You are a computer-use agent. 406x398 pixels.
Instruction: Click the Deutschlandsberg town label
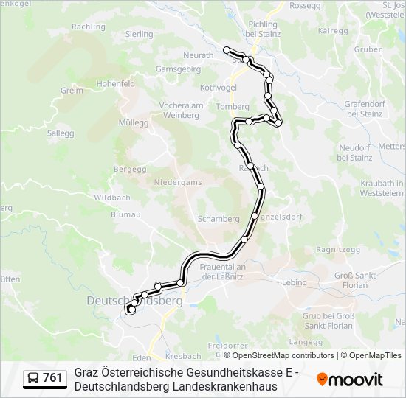[134, 301]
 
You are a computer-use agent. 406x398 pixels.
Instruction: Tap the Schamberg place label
[219, 219]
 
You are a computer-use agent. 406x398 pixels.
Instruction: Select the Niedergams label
[177, 181]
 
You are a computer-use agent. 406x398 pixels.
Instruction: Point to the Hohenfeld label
[115, 84]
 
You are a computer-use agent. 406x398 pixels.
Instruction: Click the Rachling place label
[88, 27]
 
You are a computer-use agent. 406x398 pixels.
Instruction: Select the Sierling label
[139, 34]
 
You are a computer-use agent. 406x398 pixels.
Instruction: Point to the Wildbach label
[112, 198]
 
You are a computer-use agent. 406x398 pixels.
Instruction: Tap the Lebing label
[294, 282]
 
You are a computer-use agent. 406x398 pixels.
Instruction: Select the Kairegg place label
[333, 31]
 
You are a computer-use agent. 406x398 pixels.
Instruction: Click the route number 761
[53, 378]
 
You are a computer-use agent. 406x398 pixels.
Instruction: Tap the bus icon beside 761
[33, 378]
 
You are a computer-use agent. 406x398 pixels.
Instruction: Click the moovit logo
[350, 380]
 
